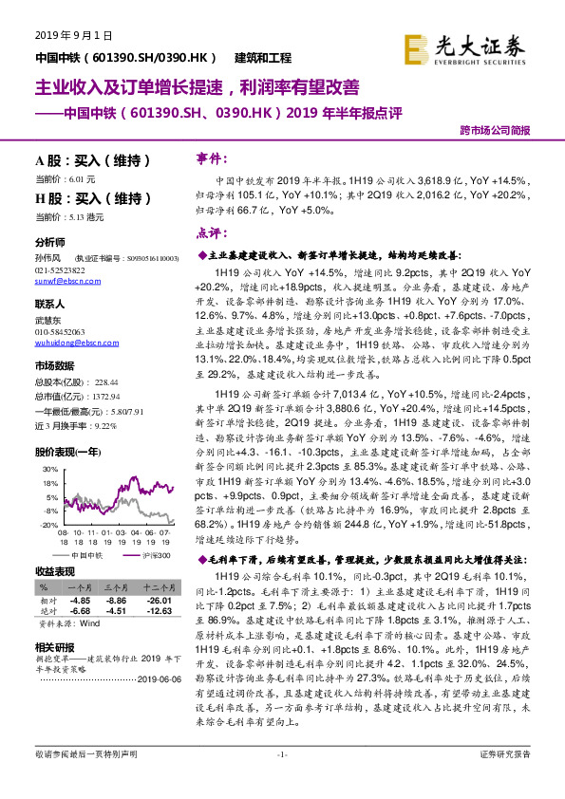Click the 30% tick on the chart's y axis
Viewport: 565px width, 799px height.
[x=48, y=470]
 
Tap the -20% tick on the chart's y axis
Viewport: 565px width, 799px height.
[x=47, y=523]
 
